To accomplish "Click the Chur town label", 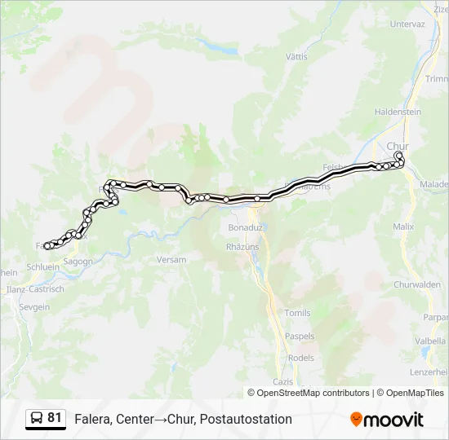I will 398,147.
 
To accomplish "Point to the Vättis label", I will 296,57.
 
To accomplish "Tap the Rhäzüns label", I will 242,244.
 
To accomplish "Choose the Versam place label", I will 171,259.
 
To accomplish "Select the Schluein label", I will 42,266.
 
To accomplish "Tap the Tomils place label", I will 297,313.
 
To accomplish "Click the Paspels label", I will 300,337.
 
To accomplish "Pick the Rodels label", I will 301,358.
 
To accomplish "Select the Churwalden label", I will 417,285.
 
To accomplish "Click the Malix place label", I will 403,226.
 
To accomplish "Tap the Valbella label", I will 429,341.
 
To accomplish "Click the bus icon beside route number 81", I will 37,418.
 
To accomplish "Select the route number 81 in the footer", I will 55,418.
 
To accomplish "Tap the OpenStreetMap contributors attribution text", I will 313,393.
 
